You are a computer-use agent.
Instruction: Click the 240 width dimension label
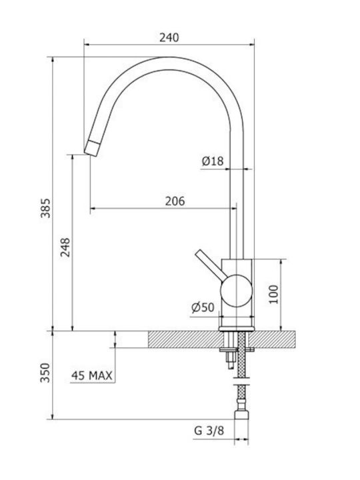point(169,37)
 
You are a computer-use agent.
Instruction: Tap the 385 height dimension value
point(46,208)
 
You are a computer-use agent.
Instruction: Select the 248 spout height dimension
point(65,247)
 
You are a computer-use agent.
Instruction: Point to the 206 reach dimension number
point(175,201)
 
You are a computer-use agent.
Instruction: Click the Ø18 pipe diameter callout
point(213,161)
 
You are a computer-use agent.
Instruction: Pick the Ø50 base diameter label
point(203,307)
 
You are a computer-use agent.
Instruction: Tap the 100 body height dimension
point(274,294)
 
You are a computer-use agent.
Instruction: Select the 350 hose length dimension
point(45,373)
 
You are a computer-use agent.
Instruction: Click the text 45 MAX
point(92,375)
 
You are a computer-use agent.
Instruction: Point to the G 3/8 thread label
point(209,431)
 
